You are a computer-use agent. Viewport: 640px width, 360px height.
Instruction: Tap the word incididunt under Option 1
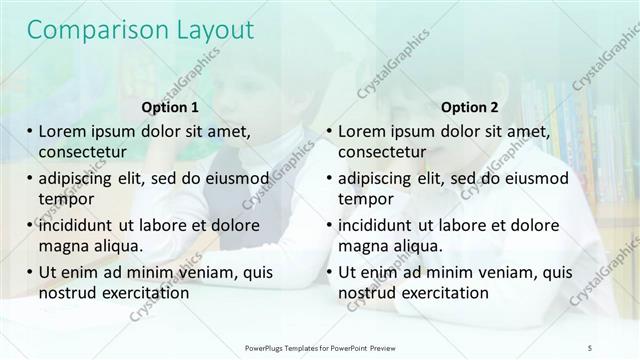(82, 224)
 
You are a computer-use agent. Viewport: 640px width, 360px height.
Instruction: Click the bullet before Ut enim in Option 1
(30, 271)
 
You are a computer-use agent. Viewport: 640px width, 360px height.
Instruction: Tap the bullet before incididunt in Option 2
(329, 224)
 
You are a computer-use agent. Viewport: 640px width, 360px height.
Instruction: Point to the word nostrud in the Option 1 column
(69, 292)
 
